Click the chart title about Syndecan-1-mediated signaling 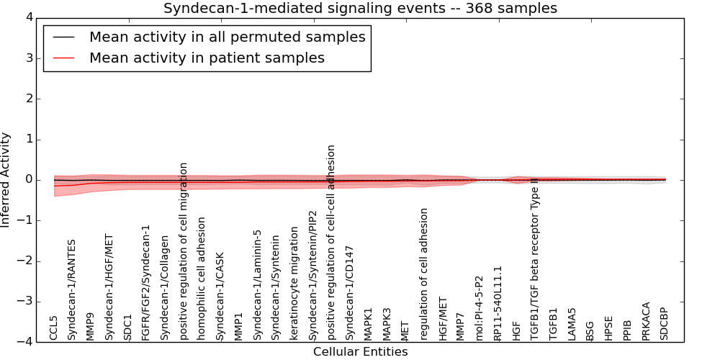tap(360, 8)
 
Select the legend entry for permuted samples tap(227, 37)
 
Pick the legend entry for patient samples tap(207, 58)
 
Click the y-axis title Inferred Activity tap(6, 180)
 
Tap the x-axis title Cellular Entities tap(360, 352)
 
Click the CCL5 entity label tap(54, 328)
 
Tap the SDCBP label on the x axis tap(664, 324)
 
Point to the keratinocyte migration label tap(294, 284)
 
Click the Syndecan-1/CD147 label tap(350, 292)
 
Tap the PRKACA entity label tap(646, 321)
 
